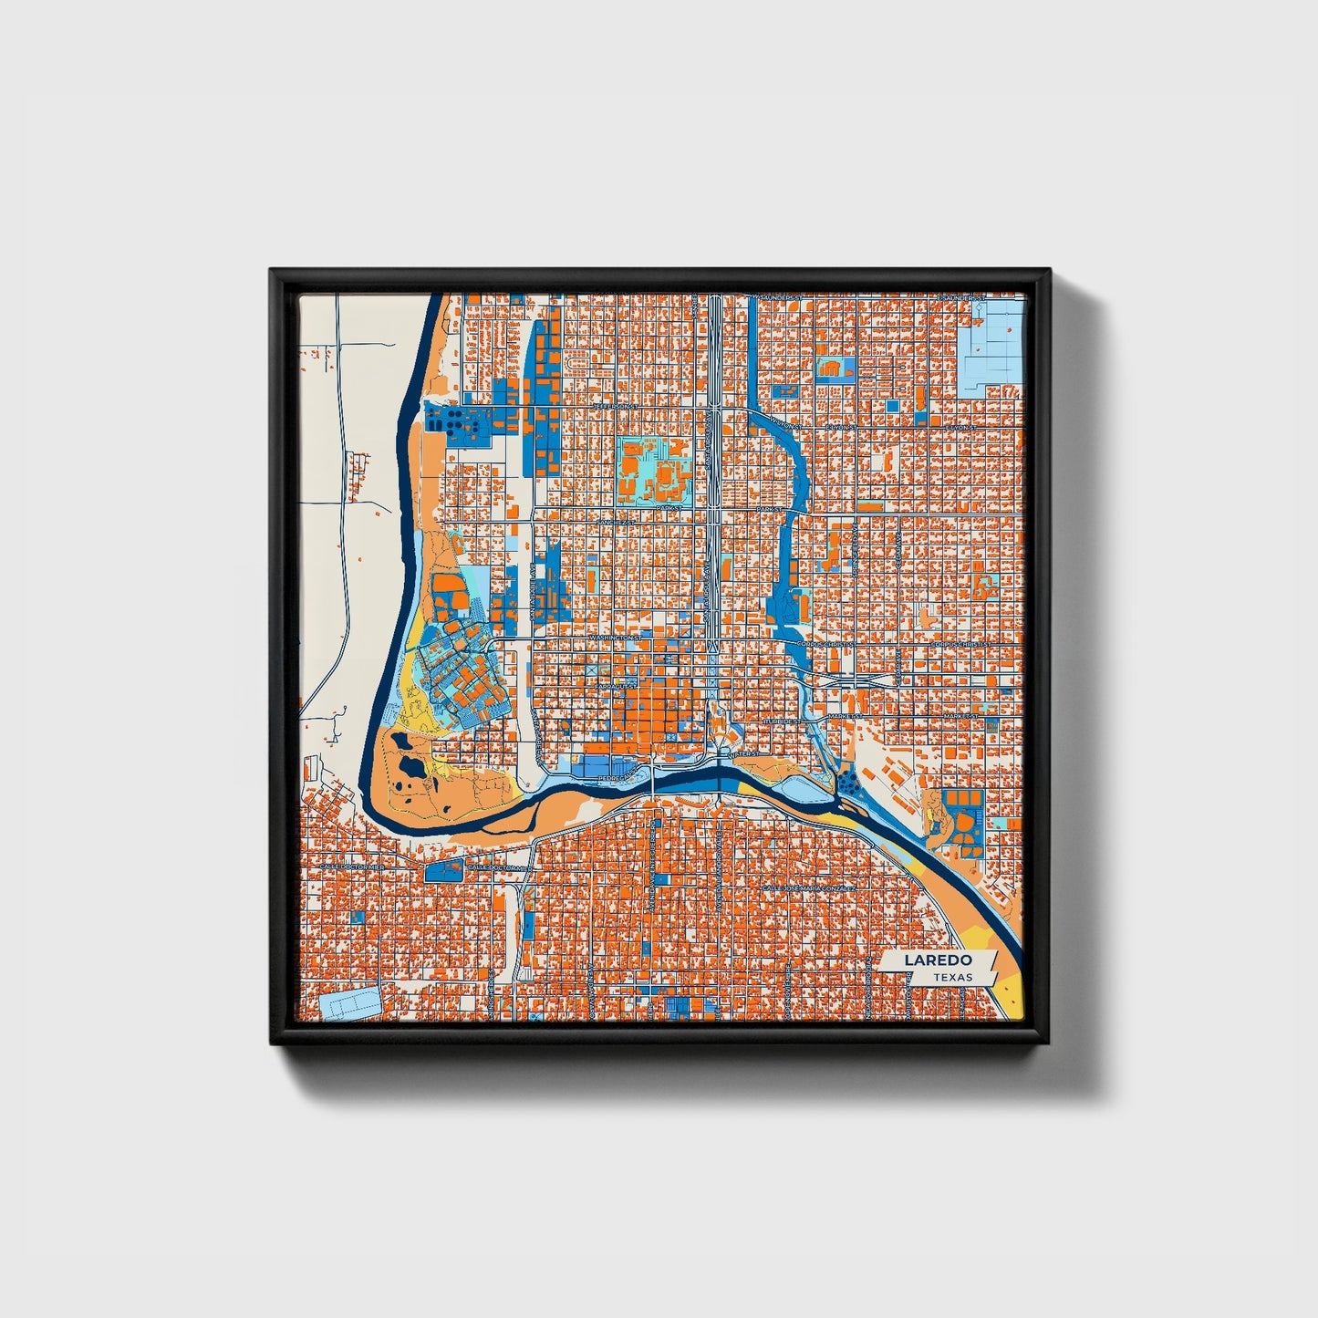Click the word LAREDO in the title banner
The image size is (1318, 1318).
pyautogui.click(x=938, y=960)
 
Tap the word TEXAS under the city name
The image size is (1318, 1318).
pyautogui.click(x=952, y=977)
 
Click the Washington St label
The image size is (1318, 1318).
pyautogui.click(x=617, y=638)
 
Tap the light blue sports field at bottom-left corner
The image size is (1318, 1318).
pyautogui.click(x=350, y=1003)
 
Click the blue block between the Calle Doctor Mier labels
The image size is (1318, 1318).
pyautogui.click(x=444, y=869)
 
